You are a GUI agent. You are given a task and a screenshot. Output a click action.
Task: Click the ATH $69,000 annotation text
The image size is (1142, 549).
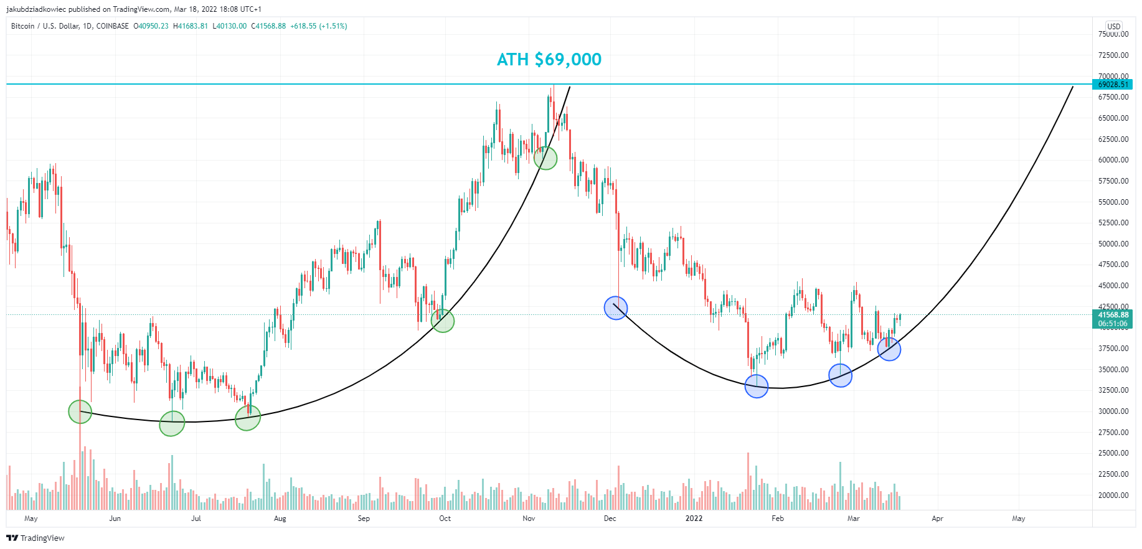coord(549,60)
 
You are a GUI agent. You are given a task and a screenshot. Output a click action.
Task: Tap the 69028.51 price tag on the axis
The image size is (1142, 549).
coord(1113,85)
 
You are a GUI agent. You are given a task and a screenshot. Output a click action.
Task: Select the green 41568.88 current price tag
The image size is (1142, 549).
coord(1113,315)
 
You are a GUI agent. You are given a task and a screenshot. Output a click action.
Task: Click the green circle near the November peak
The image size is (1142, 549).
coord(545,158)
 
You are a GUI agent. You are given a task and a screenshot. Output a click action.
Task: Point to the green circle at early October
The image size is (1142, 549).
coord(443,321)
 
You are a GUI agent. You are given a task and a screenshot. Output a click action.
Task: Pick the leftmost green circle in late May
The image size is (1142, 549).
coord(80,411)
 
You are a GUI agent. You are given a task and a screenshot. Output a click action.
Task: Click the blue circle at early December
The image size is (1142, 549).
coord(616,308)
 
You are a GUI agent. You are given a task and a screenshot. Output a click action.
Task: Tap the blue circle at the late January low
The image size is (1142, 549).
coord(757,387)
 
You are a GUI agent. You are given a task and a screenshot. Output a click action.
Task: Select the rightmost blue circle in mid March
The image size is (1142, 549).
coord(889,349)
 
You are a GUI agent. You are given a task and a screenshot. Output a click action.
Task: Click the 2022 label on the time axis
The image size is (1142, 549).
coord(694,518)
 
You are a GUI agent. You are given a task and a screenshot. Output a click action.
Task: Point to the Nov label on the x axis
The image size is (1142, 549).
coord(529,518)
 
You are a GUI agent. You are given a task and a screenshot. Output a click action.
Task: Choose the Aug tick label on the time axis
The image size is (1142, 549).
coord(280,518)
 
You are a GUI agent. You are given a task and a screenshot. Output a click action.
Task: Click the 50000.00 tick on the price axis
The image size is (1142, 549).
coord(1113,244)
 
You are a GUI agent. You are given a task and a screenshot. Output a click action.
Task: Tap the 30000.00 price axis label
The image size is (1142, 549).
coord(1113,411)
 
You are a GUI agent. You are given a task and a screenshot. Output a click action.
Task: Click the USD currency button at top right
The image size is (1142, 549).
coord(1113,27)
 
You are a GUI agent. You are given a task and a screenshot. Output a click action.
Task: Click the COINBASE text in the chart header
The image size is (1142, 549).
coord(113,26)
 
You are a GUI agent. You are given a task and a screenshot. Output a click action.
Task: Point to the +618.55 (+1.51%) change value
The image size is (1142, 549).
coord(319,26)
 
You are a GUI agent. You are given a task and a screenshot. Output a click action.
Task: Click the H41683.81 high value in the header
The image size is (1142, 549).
coord(191,26)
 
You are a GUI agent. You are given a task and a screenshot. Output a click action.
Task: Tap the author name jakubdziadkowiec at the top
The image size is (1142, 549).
coord(36,9)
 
